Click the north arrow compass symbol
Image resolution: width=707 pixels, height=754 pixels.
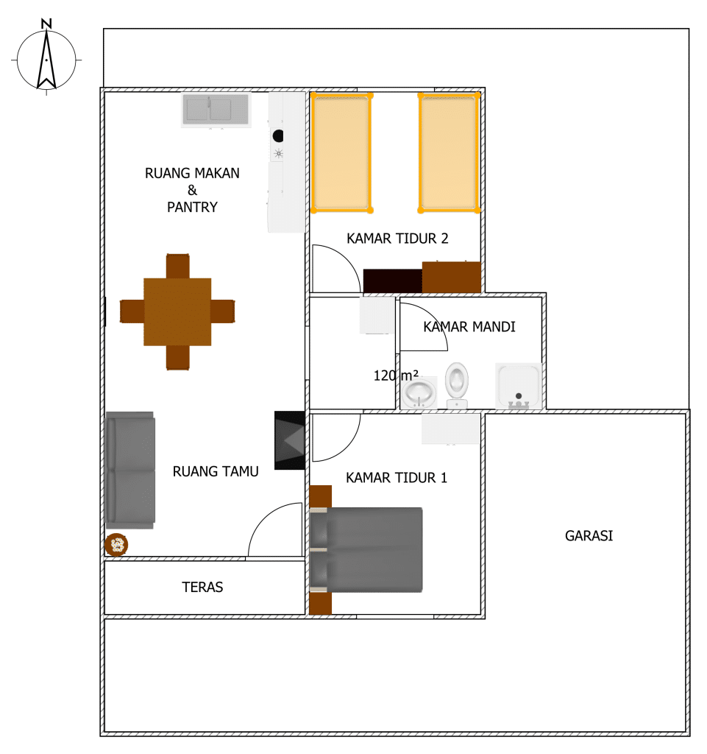pos(46,59)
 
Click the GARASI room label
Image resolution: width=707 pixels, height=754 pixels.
pos(589,536)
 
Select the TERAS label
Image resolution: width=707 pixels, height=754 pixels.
pos(202,588)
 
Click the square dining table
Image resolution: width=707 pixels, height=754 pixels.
pos(177,311)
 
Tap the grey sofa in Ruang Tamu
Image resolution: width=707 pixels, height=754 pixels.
pos(130,470)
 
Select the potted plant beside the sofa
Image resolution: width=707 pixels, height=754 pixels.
pos(116,545)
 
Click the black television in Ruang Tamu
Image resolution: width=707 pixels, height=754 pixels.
pos(290,440)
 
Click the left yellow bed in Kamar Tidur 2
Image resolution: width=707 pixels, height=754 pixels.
pos(340,152)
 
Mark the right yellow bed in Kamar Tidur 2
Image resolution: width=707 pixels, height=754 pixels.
pos(449,152)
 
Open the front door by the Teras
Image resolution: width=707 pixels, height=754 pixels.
pos(275,530)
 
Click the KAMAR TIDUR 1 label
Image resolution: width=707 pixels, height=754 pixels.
pos(397,478)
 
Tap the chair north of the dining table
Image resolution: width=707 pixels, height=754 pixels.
pos(178,265)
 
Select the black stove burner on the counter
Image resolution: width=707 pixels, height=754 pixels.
pos(278,135)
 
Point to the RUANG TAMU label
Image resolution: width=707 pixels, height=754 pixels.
pos(216,472)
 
